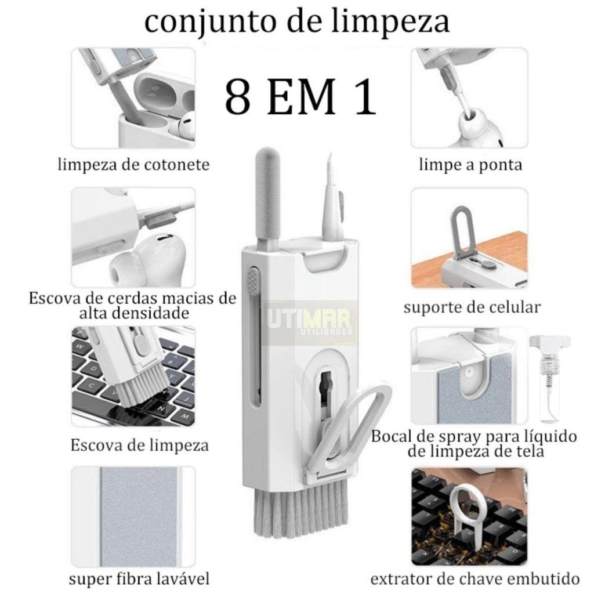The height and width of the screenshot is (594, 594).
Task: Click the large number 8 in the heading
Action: click(238, 97)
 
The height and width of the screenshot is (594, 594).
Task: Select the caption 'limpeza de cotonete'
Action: click(133, 165)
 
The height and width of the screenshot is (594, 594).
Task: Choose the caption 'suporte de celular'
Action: click(472, 307)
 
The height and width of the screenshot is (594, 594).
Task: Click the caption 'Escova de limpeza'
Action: click(139, 445)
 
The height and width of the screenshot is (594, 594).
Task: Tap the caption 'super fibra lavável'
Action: click(139, 579)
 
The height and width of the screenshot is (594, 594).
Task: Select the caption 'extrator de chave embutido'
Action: click(475, 578)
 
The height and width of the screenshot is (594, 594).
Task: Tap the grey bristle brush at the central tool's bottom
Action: click(300, 511)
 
